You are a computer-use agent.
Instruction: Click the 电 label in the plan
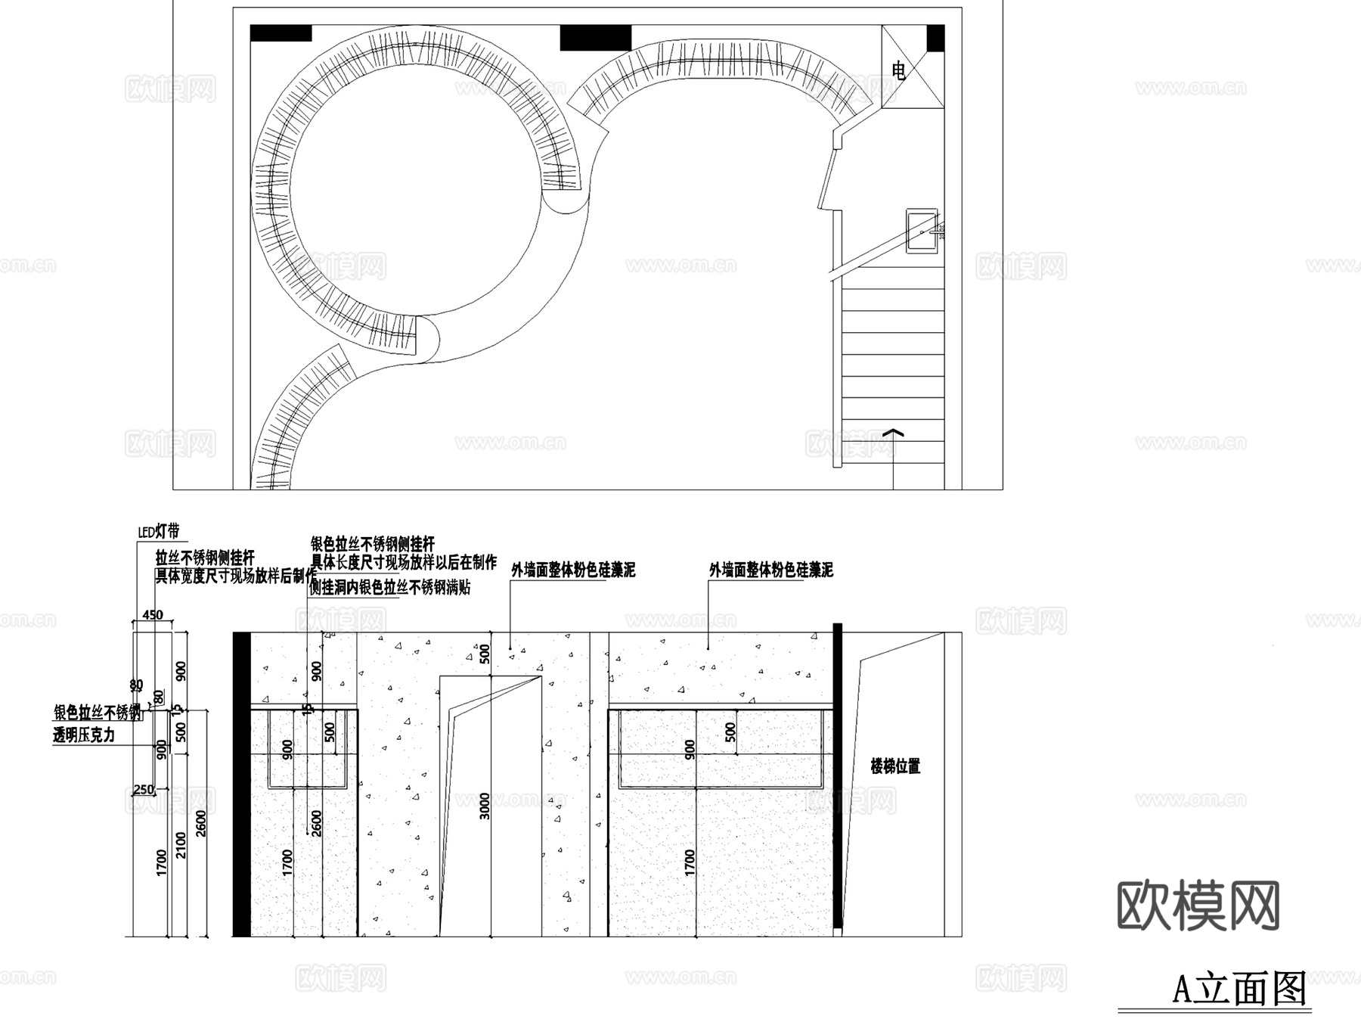tap(898, 71)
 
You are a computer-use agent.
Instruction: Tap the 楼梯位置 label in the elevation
tap(895, 766)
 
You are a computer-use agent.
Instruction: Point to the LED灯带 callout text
tap(159, 531)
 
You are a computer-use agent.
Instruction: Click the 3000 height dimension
tap(485, 806)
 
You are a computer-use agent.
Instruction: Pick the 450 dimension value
tap(153, 615)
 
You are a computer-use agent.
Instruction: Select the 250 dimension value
tap(143, 790)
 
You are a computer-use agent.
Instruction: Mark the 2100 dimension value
tap(181, 844)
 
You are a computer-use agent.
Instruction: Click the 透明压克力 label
tap(84, 735)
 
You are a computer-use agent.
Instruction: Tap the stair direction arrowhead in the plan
tap(894, 433)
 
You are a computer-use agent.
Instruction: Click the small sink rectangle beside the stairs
tap(922, 231)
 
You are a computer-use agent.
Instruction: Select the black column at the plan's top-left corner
tap(281, 33)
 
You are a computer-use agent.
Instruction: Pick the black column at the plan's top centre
tap(595, 38)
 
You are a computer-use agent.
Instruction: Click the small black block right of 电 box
tap(935, 39)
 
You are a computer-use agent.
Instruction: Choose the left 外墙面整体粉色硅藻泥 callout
tap(573, 570)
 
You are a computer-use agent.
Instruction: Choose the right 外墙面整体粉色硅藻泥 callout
tap(770, 570)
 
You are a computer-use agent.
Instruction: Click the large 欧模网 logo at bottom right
tap(1198, 905)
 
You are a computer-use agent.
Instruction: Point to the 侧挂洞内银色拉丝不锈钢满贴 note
tap(390, 587)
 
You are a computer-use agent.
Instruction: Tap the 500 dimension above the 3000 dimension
tap(485, 654)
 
